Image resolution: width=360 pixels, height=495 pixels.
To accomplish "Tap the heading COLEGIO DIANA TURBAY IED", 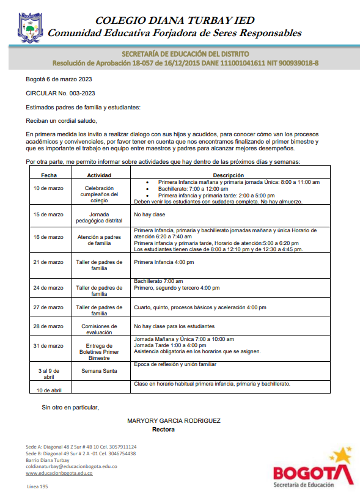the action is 174,20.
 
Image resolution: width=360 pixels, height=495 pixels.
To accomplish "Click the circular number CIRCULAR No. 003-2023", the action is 61,94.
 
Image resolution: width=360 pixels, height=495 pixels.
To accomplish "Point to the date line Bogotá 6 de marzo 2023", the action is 59,79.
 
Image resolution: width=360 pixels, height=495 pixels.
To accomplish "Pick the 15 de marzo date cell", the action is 48,215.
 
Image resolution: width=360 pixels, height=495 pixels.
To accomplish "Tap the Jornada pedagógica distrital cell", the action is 99,218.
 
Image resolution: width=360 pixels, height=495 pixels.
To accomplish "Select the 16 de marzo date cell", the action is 48,237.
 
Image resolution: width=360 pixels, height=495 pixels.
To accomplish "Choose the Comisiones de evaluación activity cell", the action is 99,329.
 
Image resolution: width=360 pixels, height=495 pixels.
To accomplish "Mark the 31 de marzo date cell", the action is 48,346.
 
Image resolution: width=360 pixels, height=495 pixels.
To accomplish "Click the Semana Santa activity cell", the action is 99,370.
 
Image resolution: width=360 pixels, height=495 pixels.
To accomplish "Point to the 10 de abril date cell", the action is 49,389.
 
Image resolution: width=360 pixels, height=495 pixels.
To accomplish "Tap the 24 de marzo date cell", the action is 48,287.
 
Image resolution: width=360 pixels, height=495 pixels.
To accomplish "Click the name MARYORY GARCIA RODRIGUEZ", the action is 174,421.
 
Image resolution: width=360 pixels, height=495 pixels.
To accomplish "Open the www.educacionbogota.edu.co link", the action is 64,473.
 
